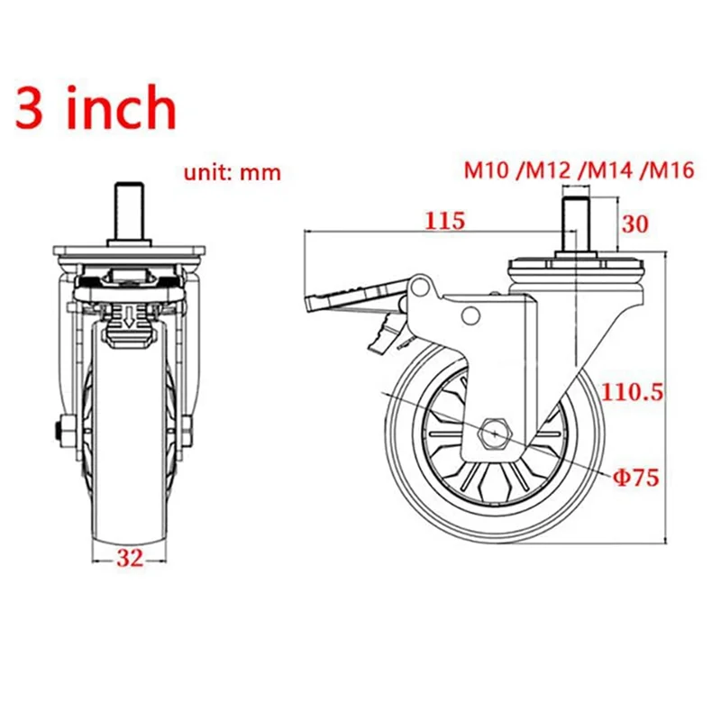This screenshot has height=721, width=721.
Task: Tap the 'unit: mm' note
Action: click(233, 172)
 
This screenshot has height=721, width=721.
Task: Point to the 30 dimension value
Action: click(636, 224)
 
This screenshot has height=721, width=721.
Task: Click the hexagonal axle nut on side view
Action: click(496, 433)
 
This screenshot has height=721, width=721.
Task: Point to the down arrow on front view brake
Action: click(130, 316)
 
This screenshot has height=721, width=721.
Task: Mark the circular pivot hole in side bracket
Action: click(470, 315)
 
